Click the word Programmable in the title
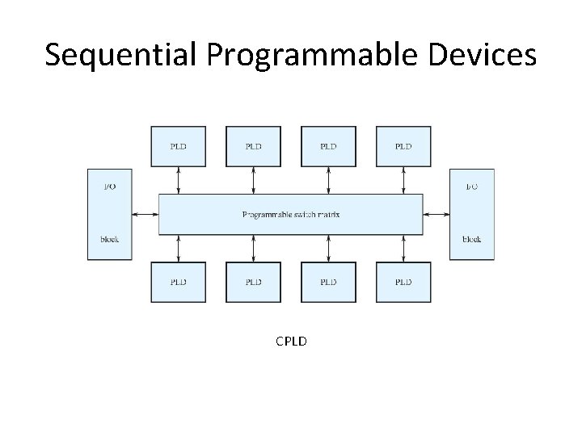pyautogui.click(x=284, y=55)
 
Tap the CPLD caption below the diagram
pyautogui.click(x=291, y=341)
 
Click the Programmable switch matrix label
pyautogui.click(x=291, y=215)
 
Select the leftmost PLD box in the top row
pyautogui.click(x=179, y=146)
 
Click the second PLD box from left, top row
pyautogui.click(x=253, y=146)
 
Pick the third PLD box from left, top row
pyautogui.click(x=328, y=146)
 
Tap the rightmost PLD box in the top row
pyautogui.click(x=403, y=146)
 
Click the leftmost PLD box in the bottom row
pyautogui.click(x=179, y=282)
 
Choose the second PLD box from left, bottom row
pyautogui.click(x=253, y=282)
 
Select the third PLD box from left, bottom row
pyautogui.click(x=328, y=282)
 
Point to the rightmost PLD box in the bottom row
pyautogui.click(x=403, y=282)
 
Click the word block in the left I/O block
pyautogui.click(x=109, y=240)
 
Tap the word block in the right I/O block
pyautogui.click(x=471, y=240)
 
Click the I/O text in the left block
pyautogui.click(x=109, y=187)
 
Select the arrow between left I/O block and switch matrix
pyautogui.click(x=145, y=215)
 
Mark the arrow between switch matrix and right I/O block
pyautogui.click(x=436, y=215)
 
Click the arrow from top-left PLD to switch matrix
pyautogui.click(x=179, y=180)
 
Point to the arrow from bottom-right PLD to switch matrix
pyautogui.click(x=403, y=249)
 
